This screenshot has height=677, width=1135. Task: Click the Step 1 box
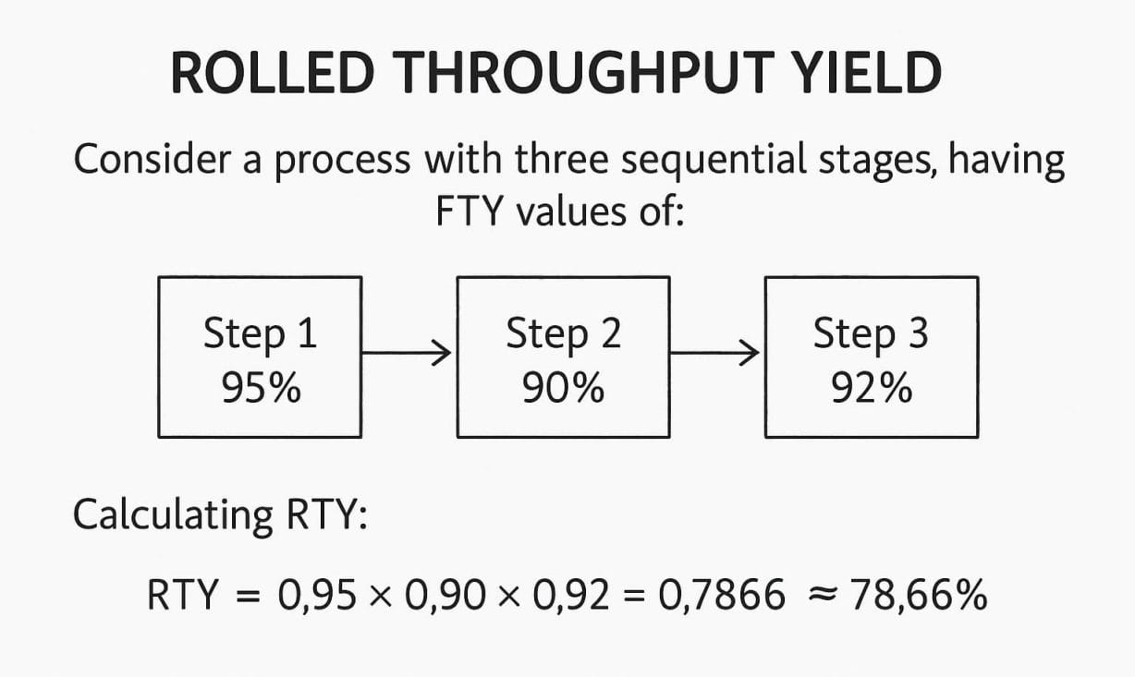(260, 357)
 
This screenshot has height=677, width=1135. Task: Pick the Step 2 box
(563, 357)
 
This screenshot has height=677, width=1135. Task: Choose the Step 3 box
(871, 357)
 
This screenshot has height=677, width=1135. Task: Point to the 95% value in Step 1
(261, 389)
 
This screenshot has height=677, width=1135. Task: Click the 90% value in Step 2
(563, 389)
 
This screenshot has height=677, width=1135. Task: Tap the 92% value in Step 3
(871, 389)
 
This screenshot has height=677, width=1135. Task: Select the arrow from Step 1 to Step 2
(407, 352)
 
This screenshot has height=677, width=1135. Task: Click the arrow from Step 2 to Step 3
(714, 352)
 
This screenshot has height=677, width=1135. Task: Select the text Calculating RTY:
(220, 514)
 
